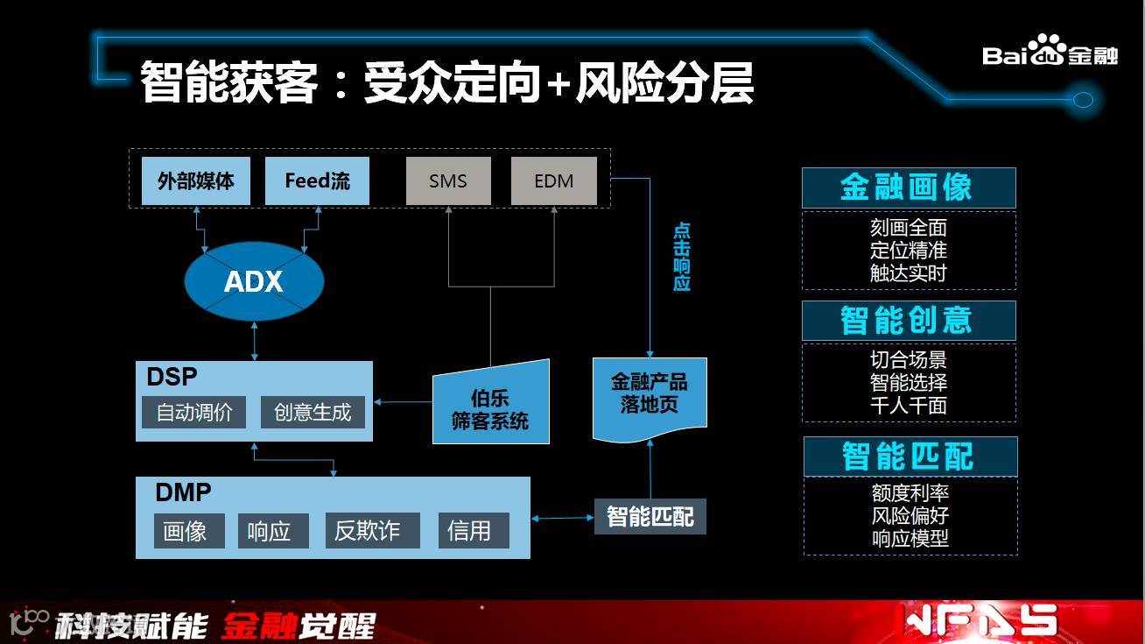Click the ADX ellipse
point(254,281)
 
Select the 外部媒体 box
point(196,181)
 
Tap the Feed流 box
point(317,181)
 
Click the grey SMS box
point(448,181)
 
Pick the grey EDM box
point(553,181)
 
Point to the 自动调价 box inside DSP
point(194,412)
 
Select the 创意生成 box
point(313,412)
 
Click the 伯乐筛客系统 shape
point(491,408)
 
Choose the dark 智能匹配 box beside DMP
point(650,517)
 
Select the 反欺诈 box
point(368,531)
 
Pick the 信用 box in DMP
point(473,531)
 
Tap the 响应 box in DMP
point(272,531)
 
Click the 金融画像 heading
point(908,188)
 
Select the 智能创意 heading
point(908,321)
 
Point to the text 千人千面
point(909,406)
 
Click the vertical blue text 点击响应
point(682,257)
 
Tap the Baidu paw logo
point(1047,51)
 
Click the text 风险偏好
point(910,516)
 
